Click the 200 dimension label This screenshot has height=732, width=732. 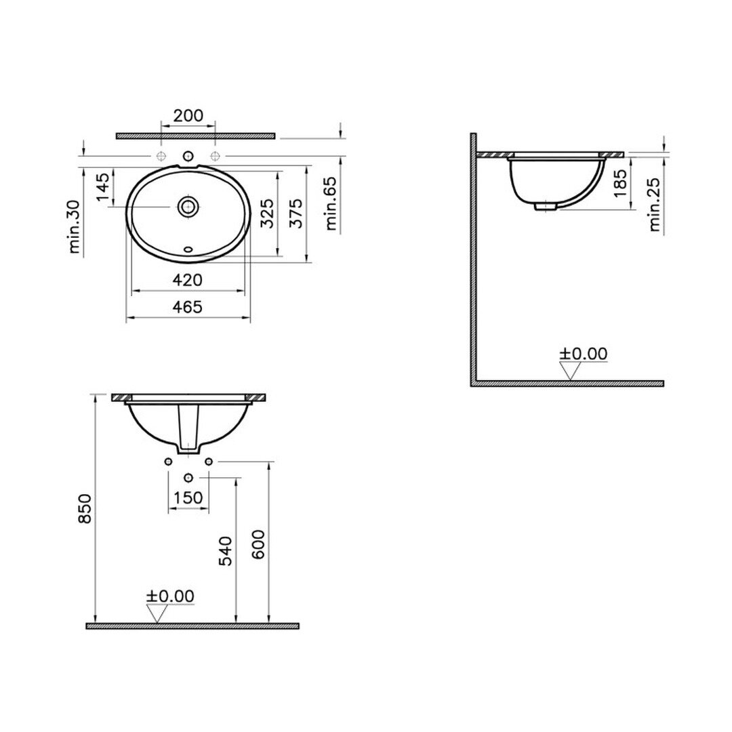click(188, 115)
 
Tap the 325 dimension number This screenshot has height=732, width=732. click(267, 213)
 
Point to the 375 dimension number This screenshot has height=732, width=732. click(296, 213)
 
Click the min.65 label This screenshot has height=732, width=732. click(331, 203)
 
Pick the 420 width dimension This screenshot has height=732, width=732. click(188, 280)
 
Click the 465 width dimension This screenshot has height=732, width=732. click(188, 307)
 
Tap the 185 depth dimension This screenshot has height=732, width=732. click(620, 183)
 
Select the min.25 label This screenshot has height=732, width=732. click(655, 205)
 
